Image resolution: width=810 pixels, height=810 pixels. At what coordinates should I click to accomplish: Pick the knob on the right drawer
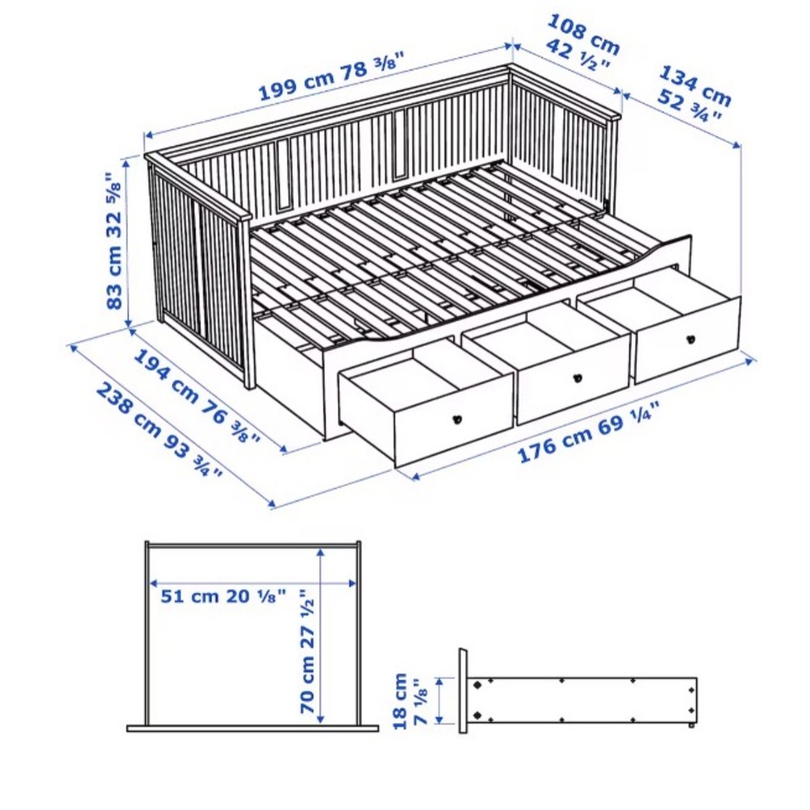690,340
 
